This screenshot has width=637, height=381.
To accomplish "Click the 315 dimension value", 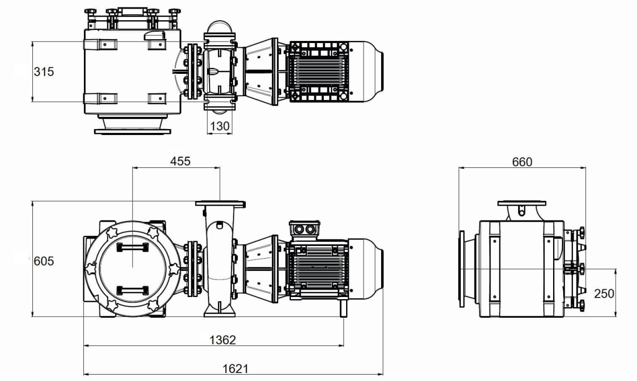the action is point(44,72).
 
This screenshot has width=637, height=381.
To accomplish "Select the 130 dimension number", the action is point(220,126).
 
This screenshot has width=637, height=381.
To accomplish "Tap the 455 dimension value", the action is point(180,162).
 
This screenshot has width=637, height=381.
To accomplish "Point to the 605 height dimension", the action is point(44,261).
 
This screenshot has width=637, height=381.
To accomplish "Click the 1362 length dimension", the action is point(222,340).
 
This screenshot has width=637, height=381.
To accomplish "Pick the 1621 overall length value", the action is point(236,369).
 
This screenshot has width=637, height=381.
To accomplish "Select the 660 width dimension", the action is point(522,162).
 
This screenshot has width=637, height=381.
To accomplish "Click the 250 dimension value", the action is point(604,293).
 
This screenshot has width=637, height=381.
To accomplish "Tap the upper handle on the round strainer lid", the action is point(133,248).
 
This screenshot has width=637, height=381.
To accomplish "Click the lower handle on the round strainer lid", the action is point(133,291).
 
